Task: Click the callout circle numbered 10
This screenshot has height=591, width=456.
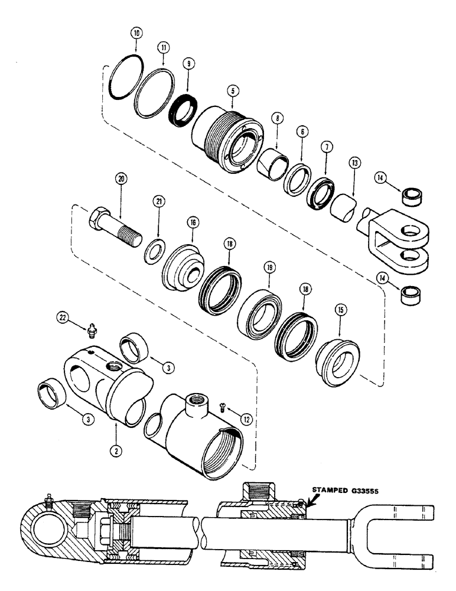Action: tap(136, 34)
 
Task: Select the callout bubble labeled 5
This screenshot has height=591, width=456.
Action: tap(234, 92)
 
